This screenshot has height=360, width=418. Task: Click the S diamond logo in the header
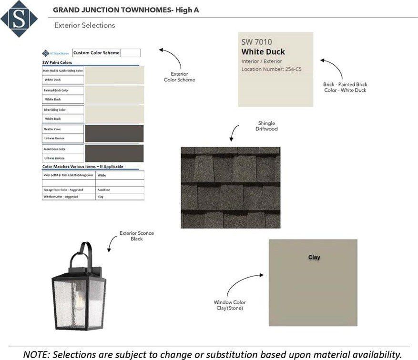[x=19, y=19]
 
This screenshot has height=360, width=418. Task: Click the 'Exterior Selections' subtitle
[x=84, y=25]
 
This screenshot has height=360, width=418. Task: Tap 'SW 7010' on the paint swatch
[x=256, y=42]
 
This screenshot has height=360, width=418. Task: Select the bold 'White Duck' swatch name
[x=263, y=52]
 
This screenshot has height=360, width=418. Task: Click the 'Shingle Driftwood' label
[x=266, y=126]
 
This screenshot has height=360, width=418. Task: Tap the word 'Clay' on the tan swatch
[x=314, y=257]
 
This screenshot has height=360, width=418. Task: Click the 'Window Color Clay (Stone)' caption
[x=230, y=305]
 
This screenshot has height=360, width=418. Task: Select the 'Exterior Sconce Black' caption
[x=137, y=236]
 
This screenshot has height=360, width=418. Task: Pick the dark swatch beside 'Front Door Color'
[x=114, y=153]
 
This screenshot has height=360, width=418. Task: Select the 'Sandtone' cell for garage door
[x=104, y=190]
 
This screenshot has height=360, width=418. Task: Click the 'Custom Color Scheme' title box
[x=97, y=53]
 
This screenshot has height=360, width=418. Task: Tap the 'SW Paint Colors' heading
[x=57, y=62]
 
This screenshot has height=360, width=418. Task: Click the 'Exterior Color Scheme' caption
[x=183, y=77]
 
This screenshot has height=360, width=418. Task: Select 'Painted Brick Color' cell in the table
[x=55, y=90]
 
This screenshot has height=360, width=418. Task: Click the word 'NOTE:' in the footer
[x=37, y=354]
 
